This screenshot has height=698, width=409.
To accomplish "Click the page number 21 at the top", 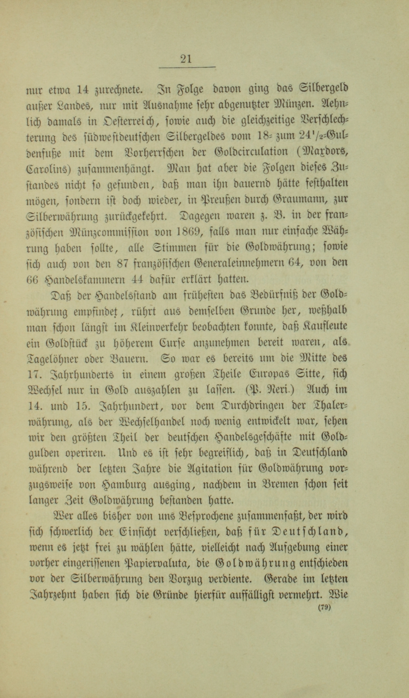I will pos(186,59).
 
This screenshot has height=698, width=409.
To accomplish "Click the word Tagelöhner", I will pos(54,359).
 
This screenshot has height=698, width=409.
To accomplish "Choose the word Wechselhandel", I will pos(153,422).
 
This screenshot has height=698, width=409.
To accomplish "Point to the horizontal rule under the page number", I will pos(187,67).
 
